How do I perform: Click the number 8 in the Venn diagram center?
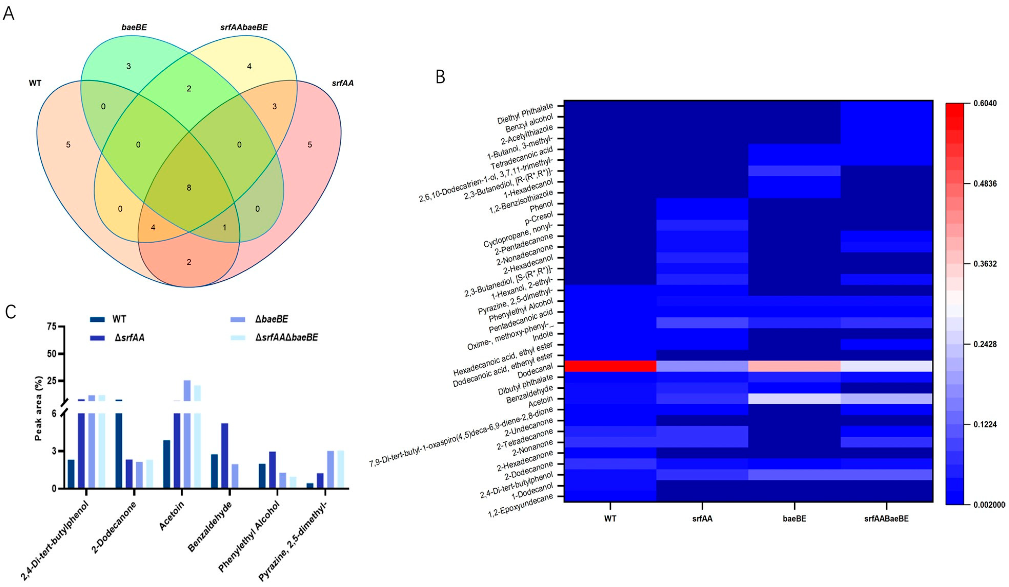pyautogui.click(x=189, y=188)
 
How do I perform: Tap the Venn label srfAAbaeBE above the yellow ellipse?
pyautogui.click(x=244, y=27)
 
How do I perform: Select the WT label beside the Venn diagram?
pyautogui.click(x=35, y=83)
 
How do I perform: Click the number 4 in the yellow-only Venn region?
pyautogui.click(x=249, y=67)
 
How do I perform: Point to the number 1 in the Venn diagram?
pyautogui.click(x=224, y=228)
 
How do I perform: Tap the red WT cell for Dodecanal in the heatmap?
pyautogui.click(x=610, y=366)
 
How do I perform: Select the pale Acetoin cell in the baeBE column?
pyautogui.click(x=794, y=399)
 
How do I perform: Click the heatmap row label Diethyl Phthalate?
pyautogui.click(x=525, y=114)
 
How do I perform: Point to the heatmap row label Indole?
pyautogui.click(x=543, y=335)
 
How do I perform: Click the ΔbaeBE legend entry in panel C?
pyautogui.click(x=272, y=319)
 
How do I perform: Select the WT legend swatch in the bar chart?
pyautogui.click(x=97, y=319)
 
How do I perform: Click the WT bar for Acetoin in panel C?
pyautogui.click(x=167, y=464)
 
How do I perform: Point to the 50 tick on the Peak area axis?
pyautogui.click(x=51, y=354)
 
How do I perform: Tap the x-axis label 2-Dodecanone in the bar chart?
pyautogui.click(x=114, y=527)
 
